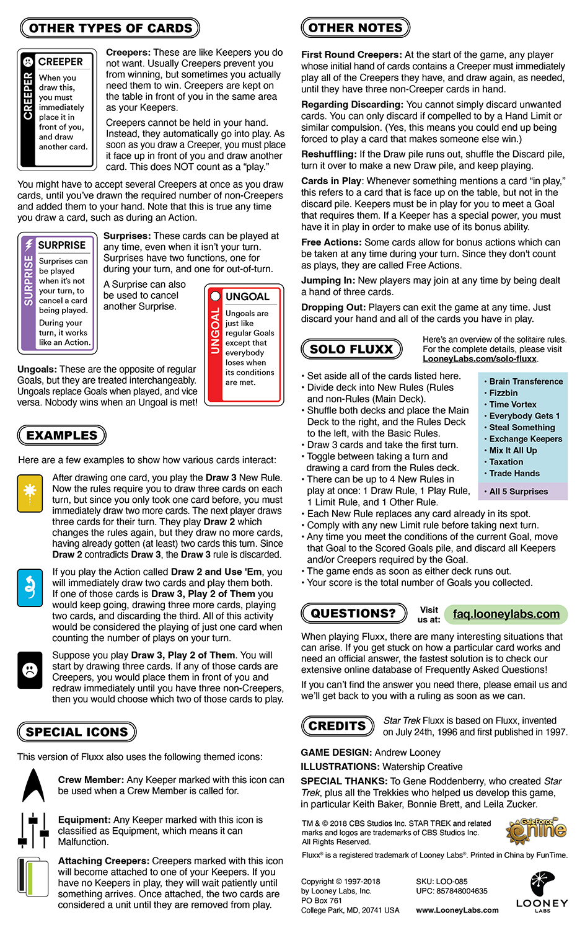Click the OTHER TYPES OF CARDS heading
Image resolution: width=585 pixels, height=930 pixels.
click(x=110, y=28)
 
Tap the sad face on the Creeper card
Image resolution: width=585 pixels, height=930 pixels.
click(x=28, y=62)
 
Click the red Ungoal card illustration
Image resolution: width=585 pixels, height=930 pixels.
click(x=244, y=345)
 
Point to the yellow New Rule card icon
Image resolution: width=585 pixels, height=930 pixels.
click(x=30, y=493)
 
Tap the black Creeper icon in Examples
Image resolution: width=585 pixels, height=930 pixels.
click(x=30, y=670)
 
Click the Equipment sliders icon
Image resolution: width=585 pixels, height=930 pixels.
click(x=34, y=830)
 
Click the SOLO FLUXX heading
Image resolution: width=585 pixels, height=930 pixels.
click(x=351, y=349)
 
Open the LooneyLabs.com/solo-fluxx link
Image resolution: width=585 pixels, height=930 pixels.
click(x=480, y=359)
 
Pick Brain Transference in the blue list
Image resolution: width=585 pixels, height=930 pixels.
click(x=526, y=381)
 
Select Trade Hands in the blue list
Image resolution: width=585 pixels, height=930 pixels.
click(x=514, y=473)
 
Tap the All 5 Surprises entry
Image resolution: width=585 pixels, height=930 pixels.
click(x=519, y=492)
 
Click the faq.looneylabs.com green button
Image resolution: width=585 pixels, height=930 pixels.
click(x=506, y=614)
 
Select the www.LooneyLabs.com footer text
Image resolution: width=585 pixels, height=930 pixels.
click(x=457, y=910)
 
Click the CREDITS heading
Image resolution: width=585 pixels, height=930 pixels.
click(x=337, y=725)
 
